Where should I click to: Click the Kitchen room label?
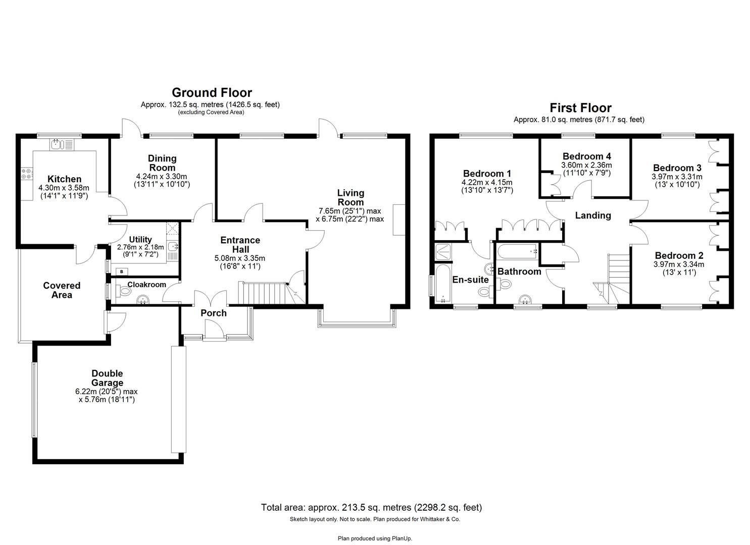pyautogui.click(x=64, y=179)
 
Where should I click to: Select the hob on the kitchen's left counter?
pyautogui.click(x=26, y=174)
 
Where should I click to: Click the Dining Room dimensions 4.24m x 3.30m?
pyautogui.click(x=162, y=176)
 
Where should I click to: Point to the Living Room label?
pyautogui.click(x=351, y=197)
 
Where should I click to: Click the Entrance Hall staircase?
pyautogui.click(x=265, y=293)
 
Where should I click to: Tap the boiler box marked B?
pyautogui.click(x=121, y=272)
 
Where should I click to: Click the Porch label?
pyautogui.click(x=214, y=313)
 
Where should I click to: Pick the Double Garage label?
pyautogui.click(x=107, y=378)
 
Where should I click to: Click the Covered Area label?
pyautogui.click(x=62, y=290)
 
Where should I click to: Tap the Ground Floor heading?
pyautogui.click(x=212, y=93)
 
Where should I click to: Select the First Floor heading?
pyautogui.click(x=580, y=108)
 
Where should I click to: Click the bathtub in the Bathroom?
pyautogui.click(x=517, y=250)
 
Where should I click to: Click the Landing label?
pyautogui.click(x=593, y=215)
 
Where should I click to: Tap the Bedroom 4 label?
pyautogui.click(x=586, y=156)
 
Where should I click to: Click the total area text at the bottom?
pyautogui.click(x=371, y=507)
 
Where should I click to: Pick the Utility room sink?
pyautogui.click(x=173, y=247)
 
